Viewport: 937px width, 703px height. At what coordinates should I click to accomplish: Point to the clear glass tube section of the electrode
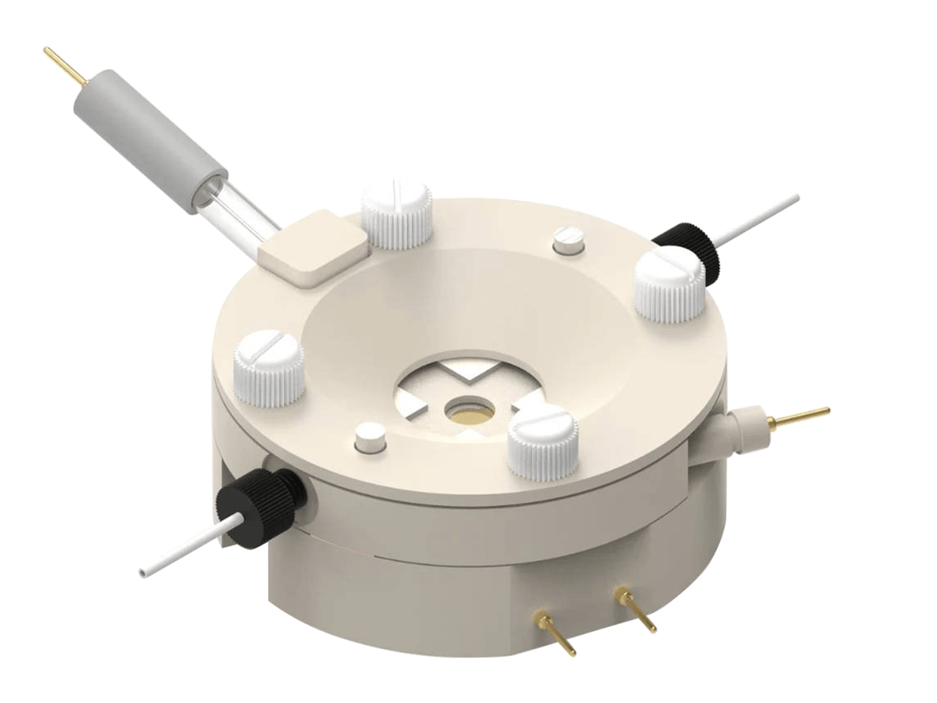(234, 215)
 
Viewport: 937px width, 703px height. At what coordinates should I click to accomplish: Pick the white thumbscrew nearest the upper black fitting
(669, 285)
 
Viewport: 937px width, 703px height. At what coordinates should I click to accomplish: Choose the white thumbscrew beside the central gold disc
(543, 441)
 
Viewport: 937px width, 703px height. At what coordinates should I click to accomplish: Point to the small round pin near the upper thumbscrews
(568, 239)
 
